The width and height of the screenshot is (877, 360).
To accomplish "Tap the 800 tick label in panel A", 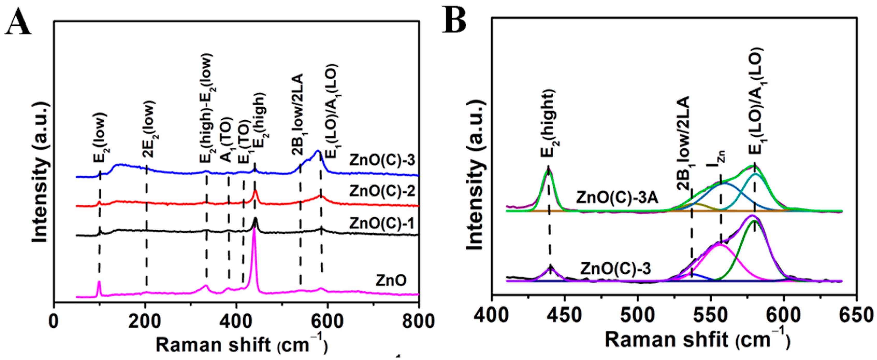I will pos(418,321).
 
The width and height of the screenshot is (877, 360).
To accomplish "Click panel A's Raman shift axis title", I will pos(242,345).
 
